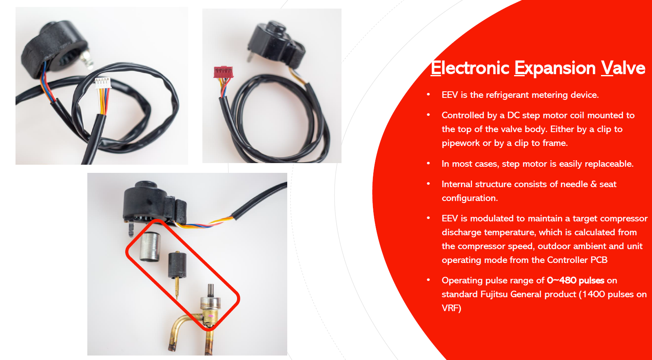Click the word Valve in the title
pos(623,68)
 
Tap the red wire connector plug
pos(223,72)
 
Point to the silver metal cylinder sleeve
pos(150,246)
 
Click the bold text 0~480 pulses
pos(575,280)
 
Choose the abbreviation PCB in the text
pos(599,260)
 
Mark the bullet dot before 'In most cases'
pos(428,163)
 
